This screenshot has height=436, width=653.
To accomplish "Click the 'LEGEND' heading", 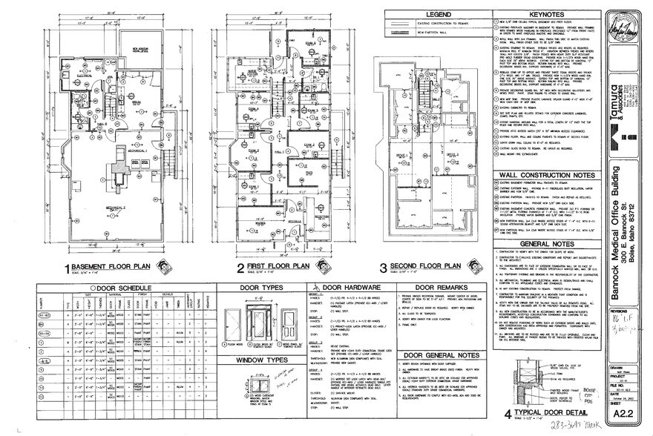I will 433,16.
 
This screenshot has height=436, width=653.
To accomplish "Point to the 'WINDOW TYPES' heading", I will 263,360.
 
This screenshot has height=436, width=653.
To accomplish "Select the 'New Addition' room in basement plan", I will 141,50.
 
